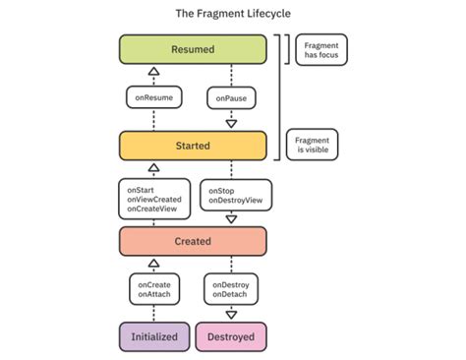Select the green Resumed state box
pyautogui.click(x=192, y=49)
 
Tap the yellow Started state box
pyautogui.click(x=192, y=146)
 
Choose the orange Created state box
pyautogui.click(x=192, y=240)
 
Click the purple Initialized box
pyautogui.click(x=153, y=336)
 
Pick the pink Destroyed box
pyautogui.click(x=230, y=336)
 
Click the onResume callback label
pyautogui.click(x=153, y=97)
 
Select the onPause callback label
pyautogui.click(x=230, y=97)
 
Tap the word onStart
pyautogui.click(x=140, y=183)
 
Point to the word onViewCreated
pyautogui.click(x=154, y=193)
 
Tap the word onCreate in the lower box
pyautogui.click(x=152, y=283)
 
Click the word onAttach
pyautogui.click(x=152, y=293)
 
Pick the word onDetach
pyautogui.click(x=230, y=293)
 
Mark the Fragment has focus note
pyautogui.click(x=320, y=49)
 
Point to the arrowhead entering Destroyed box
pyautogui.click(x=231, y=315)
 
